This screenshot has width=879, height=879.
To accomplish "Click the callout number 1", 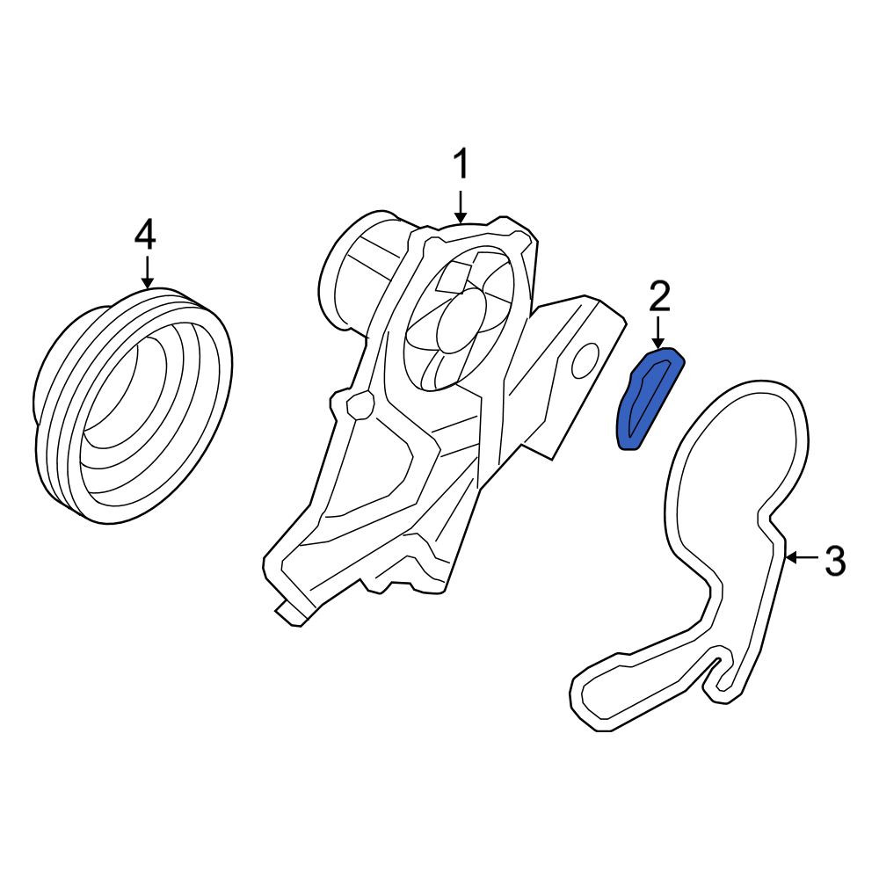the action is coord(461,164).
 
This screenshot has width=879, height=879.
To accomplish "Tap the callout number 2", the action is coord(659,297).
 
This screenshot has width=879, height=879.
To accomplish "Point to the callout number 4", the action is coord(145,235).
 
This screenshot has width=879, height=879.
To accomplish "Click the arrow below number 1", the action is coord(461,207).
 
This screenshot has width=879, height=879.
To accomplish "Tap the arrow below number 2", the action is coord(658,332).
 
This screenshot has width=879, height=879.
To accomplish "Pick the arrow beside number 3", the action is coord(803,557).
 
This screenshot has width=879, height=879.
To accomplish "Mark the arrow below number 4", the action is coord(147,272).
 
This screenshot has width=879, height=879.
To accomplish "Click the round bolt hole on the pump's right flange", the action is coord(585,360).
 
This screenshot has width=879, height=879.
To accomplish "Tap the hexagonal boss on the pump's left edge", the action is coord(360,404).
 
